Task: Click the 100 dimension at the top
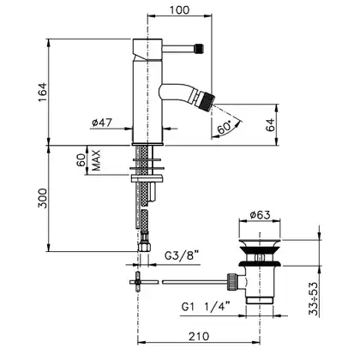[179, 10]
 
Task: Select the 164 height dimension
[42, 92]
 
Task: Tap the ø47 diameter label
[102, 123]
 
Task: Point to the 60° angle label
[225, 128]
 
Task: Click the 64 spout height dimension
[270, 124]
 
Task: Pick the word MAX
[96, 160]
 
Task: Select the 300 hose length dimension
[42, 198]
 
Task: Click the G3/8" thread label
[182, 255]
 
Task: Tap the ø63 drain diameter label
[260, 214]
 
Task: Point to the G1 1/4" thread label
[206, 307]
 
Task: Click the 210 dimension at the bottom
[199, 336]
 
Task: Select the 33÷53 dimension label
[314, 298]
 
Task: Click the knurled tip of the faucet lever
[199, 48]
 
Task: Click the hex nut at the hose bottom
[144, 247]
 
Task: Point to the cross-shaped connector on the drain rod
[138, 282]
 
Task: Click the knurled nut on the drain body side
[232, 282]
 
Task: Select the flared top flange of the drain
[260, 247]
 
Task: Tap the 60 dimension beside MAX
[81, 160]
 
